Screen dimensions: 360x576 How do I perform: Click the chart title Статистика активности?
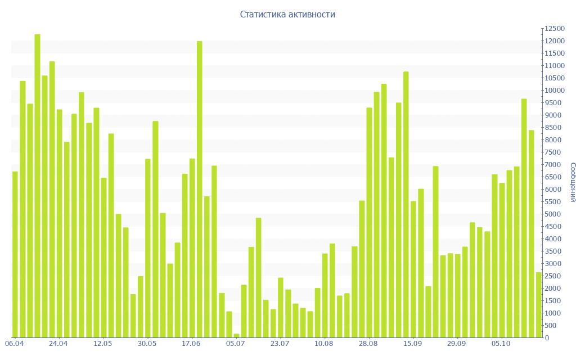tap(287, 15)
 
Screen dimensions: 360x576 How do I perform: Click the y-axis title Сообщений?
tap(572, 182)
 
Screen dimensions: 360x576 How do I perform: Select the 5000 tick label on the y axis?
tap(553, 214)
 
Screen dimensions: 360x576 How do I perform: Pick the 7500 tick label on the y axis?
tap(553, 152)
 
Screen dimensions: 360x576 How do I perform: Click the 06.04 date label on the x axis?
tap(14, 344)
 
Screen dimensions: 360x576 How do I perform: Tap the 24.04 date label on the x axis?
tap(58, 344)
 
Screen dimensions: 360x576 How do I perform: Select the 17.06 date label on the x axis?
tap(191, 344)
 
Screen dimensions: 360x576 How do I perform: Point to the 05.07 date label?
tap(236, 344)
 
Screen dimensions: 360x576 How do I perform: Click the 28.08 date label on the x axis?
tap(368, 344)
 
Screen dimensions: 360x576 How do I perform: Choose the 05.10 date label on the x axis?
tap(501, 344)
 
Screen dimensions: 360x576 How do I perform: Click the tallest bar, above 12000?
tap(38, 186)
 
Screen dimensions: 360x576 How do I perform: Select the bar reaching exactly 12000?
tap(200, 189)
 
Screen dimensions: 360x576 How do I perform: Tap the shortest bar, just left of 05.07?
tap(236, 336)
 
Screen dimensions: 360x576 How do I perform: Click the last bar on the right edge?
tap(538, 305)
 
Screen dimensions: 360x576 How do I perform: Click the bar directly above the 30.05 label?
tap(148, 248)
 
